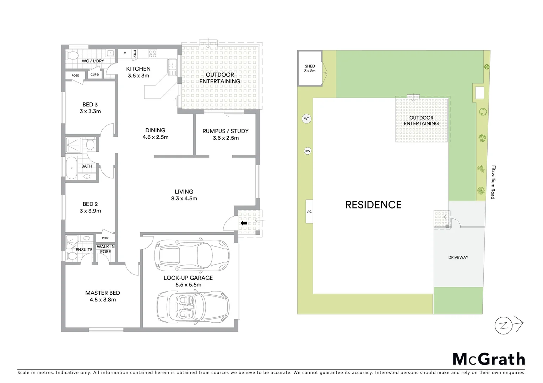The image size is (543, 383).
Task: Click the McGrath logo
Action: coord(489,359)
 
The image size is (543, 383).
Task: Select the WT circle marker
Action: coord(306,119)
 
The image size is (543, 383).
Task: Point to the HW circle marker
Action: coord(308,151)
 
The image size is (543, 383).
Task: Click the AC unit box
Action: coord(309,212)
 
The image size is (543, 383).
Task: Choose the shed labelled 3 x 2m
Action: coord(310,68)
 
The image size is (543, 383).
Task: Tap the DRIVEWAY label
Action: coord(458,257)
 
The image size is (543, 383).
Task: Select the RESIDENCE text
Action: coord(373,205)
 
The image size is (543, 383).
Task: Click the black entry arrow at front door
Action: coord(244,223)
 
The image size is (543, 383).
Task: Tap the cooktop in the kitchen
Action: coord(153,54)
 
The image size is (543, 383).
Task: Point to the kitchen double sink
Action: coord(173,66)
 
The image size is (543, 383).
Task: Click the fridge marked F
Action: coord(125,54)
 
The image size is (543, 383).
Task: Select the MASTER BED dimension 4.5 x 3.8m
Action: coord(102,300)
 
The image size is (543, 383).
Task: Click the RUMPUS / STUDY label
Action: coord(226,131)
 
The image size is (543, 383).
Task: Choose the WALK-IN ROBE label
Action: coord(105,249)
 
